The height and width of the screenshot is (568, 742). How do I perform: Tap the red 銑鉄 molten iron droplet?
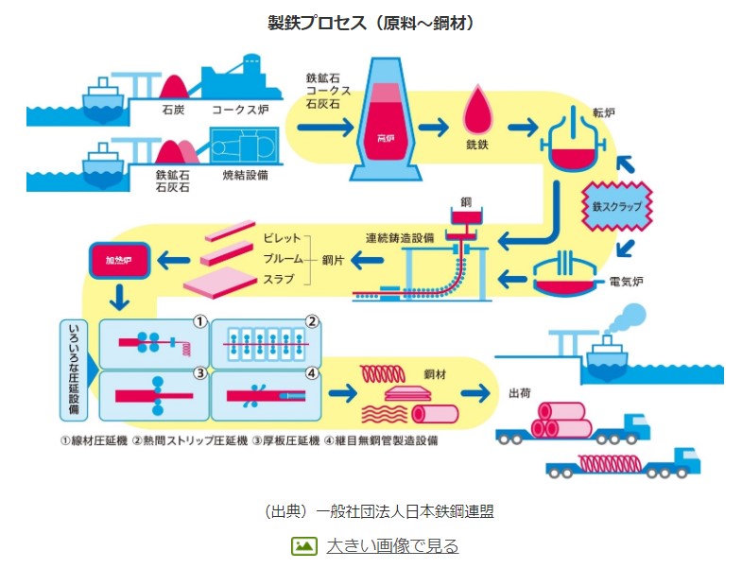478,113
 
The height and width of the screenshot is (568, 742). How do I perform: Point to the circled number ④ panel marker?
312,373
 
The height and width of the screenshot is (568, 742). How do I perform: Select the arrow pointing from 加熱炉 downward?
121,296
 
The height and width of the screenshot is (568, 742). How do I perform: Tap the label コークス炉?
240,111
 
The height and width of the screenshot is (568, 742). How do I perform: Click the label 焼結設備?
247,175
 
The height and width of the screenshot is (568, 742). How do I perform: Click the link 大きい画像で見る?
392,545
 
